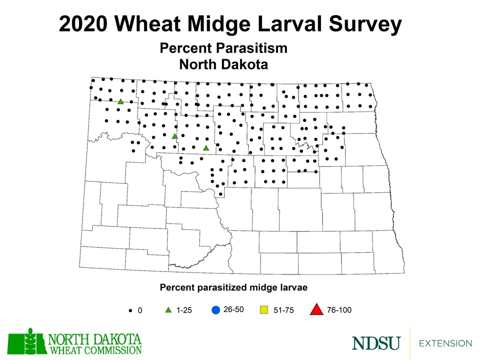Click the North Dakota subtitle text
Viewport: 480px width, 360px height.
tap(223, 64)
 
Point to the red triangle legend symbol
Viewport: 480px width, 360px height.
tap(316, 310)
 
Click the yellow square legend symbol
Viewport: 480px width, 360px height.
tap(265, 310)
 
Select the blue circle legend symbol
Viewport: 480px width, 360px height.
tap(215, 310)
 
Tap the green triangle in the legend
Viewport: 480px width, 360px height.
tap(168, 310)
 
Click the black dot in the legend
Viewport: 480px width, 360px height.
tap(130, 310)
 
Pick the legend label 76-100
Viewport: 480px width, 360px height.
tap(339, 310)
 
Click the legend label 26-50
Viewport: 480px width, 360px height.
tap(233, 309)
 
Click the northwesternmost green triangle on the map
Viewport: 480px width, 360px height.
tap(120, 101)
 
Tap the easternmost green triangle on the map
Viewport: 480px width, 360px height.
tap(205, 148)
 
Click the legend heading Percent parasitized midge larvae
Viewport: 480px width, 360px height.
tap(233, 287)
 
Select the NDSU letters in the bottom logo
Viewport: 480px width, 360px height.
tap(376, 343)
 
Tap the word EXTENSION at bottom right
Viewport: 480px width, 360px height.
tap(445, 343)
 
